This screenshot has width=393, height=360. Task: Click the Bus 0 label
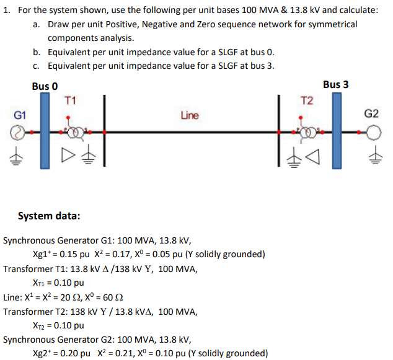45,86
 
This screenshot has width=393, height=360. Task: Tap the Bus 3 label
335,84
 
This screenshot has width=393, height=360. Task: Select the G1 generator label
20,115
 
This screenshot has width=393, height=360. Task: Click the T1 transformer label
70,100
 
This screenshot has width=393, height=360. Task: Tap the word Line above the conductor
190,115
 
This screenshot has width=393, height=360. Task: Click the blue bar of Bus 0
45,130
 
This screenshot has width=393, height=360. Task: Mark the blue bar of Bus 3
336,130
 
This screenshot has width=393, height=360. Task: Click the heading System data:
49,216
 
